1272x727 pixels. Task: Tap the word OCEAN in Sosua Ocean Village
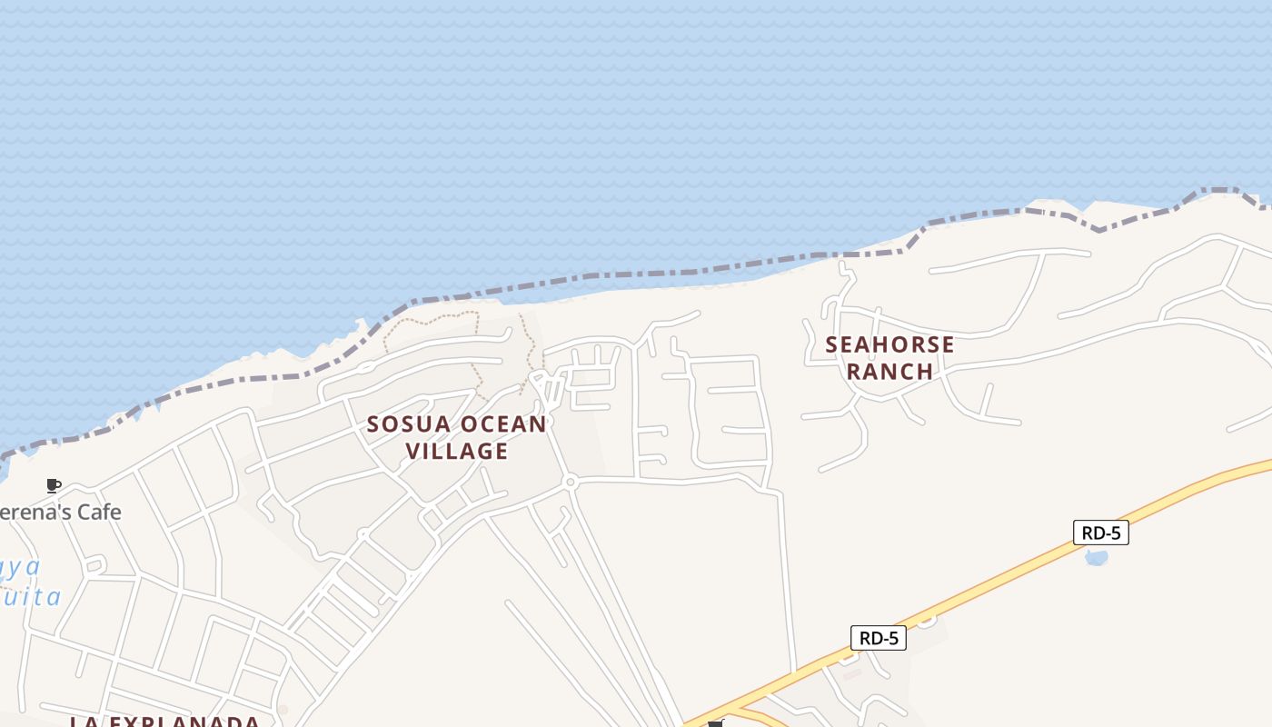[503, 424]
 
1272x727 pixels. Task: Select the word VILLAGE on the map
[456, 451]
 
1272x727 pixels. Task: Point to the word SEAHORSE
[889, 344]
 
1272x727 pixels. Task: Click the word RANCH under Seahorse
[889, 371]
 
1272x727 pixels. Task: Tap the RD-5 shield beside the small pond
[1100, 533]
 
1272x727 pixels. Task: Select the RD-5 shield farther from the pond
[879, 638]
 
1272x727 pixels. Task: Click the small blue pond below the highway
[1097, 557]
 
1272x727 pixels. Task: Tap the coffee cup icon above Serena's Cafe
[54, 485]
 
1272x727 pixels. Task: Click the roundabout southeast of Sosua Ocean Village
[570, 482]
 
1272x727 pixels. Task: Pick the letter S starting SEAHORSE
[832, 345]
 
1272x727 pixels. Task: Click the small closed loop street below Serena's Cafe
[94, 565]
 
